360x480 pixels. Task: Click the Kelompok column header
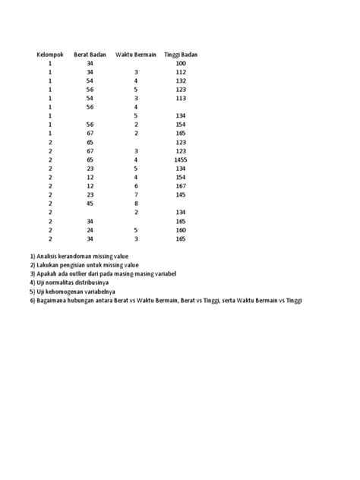click(51, 55)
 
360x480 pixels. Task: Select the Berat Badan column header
click(90, 55)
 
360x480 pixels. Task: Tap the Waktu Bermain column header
click(136, 55)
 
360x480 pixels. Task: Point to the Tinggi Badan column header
click(180, 55)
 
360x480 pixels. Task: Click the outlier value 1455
click(180, 159)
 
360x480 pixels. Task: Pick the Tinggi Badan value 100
click(180, 64)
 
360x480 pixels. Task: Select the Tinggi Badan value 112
click(180, 72)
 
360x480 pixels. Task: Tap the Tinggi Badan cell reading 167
click(180, 185)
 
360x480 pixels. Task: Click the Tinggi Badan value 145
click(180, 194)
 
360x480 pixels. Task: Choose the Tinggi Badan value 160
click(180, 229)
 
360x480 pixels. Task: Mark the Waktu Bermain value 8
click(136, 203)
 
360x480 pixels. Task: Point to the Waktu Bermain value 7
click(136, 194)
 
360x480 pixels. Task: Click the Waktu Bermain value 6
click(136, 185)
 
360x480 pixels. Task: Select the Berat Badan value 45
click(90, 203)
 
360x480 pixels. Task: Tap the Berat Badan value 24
click(90, 229)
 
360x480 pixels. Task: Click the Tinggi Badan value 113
click(180, 98)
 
